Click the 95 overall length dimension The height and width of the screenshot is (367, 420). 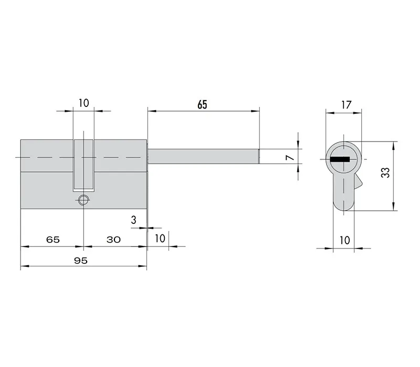point(81,260)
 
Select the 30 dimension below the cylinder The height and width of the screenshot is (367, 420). point(113,240)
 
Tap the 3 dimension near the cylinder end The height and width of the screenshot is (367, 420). point(134,220)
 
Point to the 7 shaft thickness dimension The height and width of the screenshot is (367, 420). point(290,157)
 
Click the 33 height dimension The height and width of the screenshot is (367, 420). point(385,172)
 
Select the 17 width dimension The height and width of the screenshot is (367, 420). point(346,104)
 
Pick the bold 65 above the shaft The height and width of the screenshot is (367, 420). point(202,104)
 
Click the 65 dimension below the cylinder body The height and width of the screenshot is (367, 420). point(53,240)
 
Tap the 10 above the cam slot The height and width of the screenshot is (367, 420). point(83,103)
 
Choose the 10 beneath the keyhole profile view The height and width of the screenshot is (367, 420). point(344,240)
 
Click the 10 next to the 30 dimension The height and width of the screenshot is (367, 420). point(160,239)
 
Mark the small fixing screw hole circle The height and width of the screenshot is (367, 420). point(83,200)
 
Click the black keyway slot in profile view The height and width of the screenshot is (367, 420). point(340,159)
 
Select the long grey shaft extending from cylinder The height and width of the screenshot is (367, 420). point(203,156)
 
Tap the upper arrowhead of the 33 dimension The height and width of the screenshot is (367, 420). point(393,146)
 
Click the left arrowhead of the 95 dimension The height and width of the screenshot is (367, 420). point(25,266)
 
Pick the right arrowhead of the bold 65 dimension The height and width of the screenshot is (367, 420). point(255,111)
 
